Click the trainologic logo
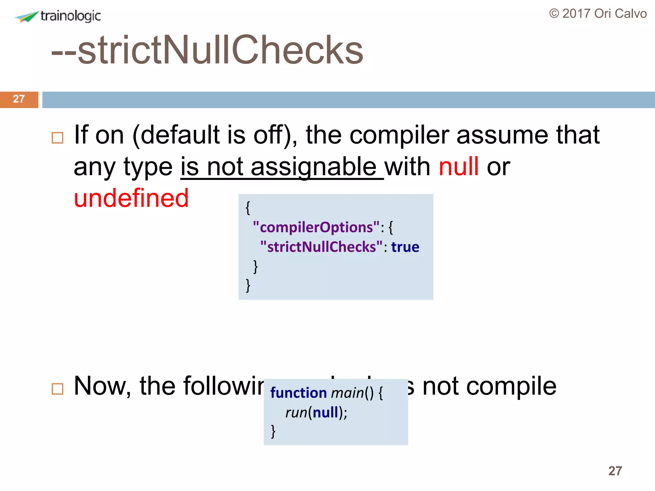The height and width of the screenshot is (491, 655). coord(58,16)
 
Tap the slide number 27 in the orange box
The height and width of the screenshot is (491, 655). coord(19,99)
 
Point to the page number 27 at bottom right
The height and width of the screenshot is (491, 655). coord(615,471)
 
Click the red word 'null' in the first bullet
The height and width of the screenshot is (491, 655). coord(459,167)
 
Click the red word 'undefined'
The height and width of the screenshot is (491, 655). coord(131,198)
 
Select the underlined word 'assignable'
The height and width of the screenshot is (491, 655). coord(313,167)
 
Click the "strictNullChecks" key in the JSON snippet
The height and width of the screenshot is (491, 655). coord(321,247)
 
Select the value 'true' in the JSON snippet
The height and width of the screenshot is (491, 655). coord(405,247)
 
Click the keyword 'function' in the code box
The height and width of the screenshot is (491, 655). coord(298,393)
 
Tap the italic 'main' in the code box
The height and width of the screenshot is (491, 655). coord(347,393)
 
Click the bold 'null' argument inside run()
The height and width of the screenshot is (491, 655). coord(325,412)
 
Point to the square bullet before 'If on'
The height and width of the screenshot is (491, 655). coord(58,138)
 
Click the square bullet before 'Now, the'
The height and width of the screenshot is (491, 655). coord(58,389)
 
